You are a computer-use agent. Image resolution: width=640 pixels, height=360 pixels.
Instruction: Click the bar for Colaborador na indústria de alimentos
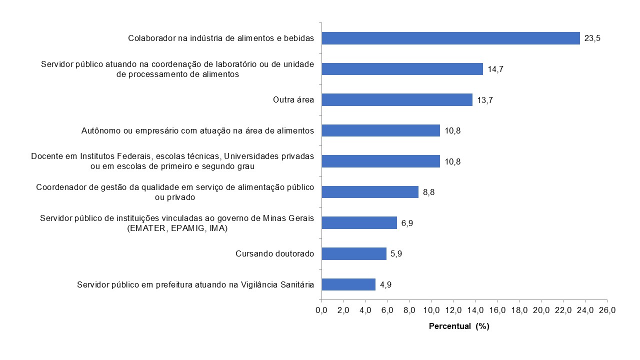(450, 38)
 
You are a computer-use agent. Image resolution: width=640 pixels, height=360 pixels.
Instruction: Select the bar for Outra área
(396, 99)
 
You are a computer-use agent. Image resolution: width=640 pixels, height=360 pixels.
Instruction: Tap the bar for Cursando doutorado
(353, 253)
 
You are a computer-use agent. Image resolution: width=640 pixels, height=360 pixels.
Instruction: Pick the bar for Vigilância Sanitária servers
(348, 284)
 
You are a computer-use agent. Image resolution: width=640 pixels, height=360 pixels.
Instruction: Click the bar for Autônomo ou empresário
(380, 130)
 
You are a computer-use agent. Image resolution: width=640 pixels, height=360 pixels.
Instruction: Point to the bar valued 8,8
(369, 192)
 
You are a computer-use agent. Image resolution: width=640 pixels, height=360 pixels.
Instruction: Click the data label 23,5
(592, 38)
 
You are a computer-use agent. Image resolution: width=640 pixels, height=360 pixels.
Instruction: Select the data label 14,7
(495, 69)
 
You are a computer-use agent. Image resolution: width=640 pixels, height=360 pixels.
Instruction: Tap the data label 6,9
(407, 223)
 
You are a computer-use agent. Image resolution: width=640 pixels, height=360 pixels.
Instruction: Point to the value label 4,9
(385, 285)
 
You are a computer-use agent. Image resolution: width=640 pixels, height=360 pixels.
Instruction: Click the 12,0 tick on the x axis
(453, 310)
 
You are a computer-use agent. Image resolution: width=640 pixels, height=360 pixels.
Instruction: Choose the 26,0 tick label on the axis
(607, 310)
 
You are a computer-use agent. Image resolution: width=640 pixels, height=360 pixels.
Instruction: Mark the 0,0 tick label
(321, 310)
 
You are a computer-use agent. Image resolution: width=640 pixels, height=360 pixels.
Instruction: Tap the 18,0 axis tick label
(519, 310)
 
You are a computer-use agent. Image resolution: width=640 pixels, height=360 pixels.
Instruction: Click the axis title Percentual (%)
(458, 326)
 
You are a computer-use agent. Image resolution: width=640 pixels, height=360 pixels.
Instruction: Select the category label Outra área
(293, 100)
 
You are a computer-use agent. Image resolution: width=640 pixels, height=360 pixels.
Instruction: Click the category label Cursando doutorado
(274, 254)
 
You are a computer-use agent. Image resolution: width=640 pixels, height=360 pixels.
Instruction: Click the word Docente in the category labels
(45, 156)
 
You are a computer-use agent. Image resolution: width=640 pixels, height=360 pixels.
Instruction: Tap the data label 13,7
(484, 100)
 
